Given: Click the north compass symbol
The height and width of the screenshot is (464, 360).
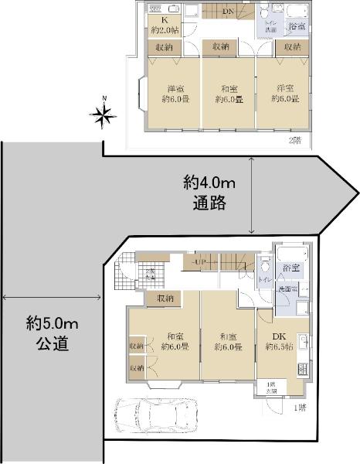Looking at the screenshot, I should click(x=103, y=115).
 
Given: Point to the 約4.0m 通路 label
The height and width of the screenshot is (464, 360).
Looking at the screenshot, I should click(x=207, y=194).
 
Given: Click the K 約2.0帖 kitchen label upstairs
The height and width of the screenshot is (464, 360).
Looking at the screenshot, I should click(x=164, y=24).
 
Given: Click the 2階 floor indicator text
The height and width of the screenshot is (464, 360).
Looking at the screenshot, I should click(x=295, y=140).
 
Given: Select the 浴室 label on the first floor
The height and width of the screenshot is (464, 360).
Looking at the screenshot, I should click(x=290, y=268).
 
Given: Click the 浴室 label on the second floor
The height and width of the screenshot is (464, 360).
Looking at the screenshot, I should click(x=297, y=27).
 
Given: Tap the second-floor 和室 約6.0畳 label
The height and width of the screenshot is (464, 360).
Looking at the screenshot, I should click(x=229, y=93).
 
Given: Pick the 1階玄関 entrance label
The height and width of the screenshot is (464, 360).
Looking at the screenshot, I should click(x=270, y=387).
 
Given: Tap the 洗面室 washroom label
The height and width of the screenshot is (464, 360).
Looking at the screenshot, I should click(x=287, y=288).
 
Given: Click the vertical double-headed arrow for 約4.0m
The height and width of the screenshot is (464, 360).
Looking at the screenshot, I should click(x=254, y=194).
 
